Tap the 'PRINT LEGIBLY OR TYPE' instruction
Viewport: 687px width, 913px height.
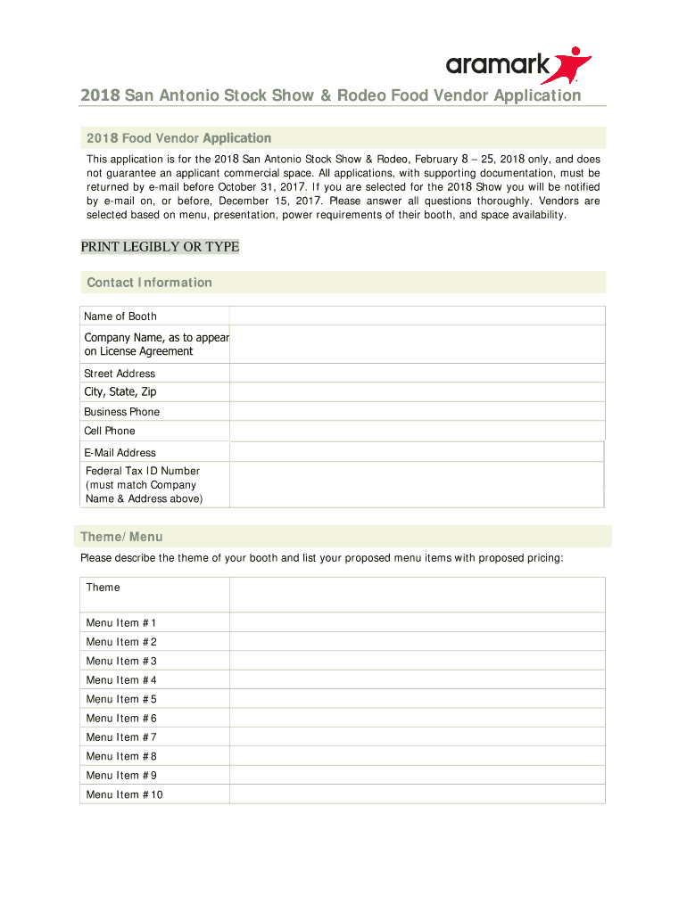pyautogui.click(x=160, y=247)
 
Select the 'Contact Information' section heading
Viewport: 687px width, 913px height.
pyautogui.click(x=149, y=283)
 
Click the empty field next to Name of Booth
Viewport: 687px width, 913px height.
pyautogui.click(x=417, y=316)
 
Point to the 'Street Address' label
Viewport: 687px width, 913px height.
pyautogui.click(x=120, y=374)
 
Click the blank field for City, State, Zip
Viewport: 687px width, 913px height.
pyautogui.click(x=417, y=392)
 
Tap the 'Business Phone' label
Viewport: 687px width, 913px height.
pyautogui.click(x=121, y=412)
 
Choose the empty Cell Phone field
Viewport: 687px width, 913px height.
pyautogui.click(x=417, y=431)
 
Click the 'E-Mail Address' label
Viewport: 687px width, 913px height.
pyautogui.click(x=120, y=453)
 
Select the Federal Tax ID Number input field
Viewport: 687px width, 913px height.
pyautogui.click(x=417, y=485)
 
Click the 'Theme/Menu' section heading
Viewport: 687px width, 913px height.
pyautogui.click(x=121, y=537)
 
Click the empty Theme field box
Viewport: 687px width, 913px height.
pyautogui.click(x=417, y=594)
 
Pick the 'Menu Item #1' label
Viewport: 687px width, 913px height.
pyautogui.click(x=121, y=623)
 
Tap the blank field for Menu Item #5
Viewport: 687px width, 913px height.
pyautogui.click(x=417, y=699)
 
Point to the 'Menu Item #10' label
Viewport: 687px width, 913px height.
pyautogui.click(x=124, y=794)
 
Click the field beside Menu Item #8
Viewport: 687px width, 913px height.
pyautogui.click(x=417, y=756)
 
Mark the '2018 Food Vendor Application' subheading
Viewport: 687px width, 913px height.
pyautogui.click(x=178, y=138)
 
